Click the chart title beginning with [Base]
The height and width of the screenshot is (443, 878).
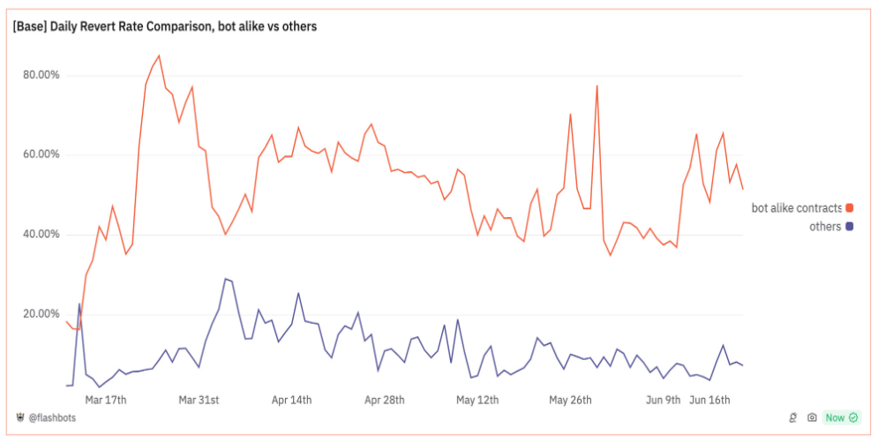[x=165, y=26]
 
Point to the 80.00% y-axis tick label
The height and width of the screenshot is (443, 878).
[x=41, y=75]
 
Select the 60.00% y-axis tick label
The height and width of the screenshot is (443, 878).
[x=41, y=154]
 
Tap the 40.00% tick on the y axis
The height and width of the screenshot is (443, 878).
[x=41, y=234]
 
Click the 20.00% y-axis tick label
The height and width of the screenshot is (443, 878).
[x=41, y=314]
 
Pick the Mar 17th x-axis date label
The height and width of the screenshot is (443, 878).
[x=105, y=400]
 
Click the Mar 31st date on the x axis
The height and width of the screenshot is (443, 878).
[x=199, y=400]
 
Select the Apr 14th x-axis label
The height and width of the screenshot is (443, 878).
[x=291, y=400]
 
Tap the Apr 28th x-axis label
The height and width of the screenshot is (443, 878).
[x=385, y=400]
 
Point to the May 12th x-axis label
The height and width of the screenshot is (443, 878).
[x=477, y=400]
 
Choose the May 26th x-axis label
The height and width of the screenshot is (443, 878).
[x=570, y=400]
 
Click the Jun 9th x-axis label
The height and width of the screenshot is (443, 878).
[x=663, y=400]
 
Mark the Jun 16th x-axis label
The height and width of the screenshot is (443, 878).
[x=709, y=400]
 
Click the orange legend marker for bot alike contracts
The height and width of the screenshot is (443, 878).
[x=850, y=208]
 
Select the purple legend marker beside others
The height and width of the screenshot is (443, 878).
[x=850, y=227]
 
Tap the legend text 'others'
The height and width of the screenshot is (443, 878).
[x=825, y=227]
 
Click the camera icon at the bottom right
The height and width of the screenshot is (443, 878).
[x=812, y=417]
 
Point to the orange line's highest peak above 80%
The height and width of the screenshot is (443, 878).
[x=159, y=56]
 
